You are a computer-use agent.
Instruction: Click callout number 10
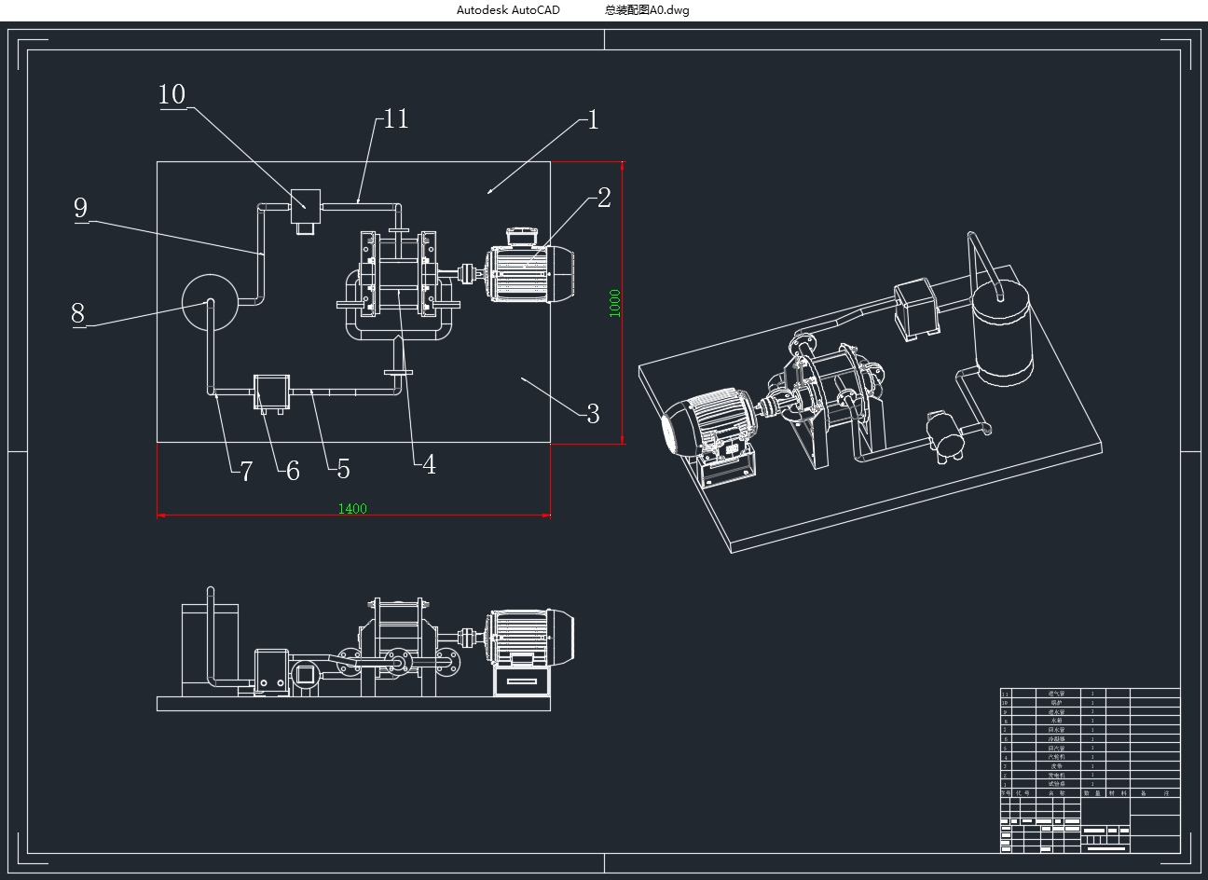(x=172, y=95)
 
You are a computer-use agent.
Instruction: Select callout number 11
(x=396, y=119)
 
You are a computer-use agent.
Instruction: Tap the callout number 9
(x=81, y=208)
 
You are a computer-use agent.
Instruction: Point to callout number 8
(x=78, y=313)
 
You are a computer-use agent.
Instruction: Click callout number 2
(x=604, y=198)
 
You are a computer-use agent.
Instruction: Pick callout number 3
(x=593, y=414)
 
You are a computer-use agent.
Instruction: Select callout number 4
(x=429, y=464)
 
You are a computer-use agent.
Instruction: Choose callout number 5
(x=343, y=469)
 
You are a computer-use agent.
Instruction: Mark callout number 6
(x=293, y=472)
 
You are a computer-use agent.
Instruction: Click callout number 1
(x=593, y=120)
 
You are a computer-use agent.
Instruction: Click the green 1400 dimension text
(x=352, y=509)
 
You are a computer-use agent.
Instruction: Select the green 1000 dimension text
(x=615, y=303)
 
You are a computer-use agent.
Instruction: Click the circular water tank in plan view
(x=211, y=302)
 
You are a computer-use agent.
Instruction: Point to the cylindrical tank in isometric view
(x=1003, y=331)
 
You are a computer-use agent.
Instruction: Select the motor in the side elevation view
(x=529, y=636)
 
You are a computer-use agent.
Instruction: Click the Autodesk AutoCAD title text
(x=508, y=10)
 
